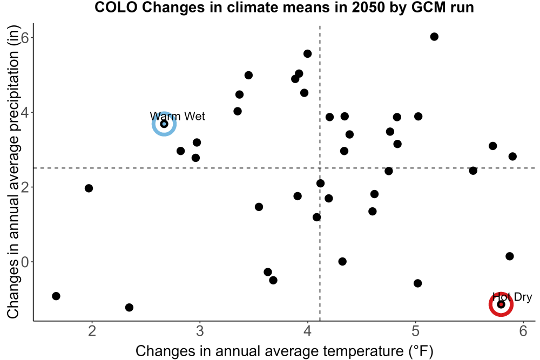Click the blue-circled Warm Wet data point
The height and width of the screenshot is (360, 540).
coord(164,124)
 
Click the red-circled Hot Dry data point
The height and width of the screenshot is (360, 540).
coord(501,304)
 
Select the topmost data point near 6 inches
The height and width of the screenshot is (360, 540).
coord(434,37)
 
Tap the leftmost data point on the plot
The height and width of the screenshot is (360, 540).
coord(56,296)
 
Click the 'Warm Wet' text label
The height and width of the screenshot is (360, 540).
coord(177,117)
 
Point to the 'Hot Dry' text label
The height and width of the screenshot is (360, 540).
coord(512,297)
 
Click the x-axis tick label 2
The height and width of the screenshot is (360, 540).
coord(92,331)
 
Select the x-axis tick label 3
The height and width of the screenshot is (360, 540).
coord(200,331)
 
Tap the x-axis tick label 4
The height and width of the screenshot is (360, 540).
coord(308,331)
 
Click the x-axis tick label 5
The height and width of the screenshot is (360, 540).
coord(415,331)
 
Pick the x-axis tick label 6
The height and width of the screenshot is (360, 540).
coord(523,331)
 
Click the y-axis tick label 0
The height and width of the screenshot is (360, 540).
coord(25,262)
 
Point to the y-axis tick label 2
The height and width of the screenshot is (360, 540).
coord(25,187)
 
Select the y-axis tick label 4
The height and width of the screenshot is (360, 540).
coord(25,113)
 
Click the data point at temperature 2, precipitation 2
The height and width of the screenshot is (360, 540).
coord(89,188)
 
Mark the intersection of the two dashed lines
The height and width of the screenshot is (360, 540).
coord(320,168)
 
